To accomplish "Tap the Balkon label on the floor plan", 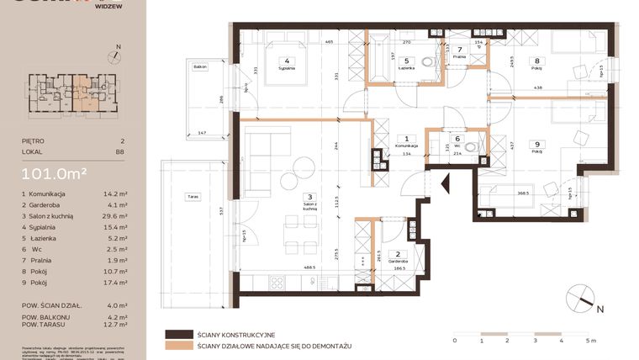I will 199,65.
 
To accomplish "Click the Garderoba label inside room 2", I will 401,262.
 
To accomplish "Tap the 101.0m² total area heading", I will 55,174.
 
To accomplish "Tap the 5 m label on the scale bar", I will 591,341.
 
